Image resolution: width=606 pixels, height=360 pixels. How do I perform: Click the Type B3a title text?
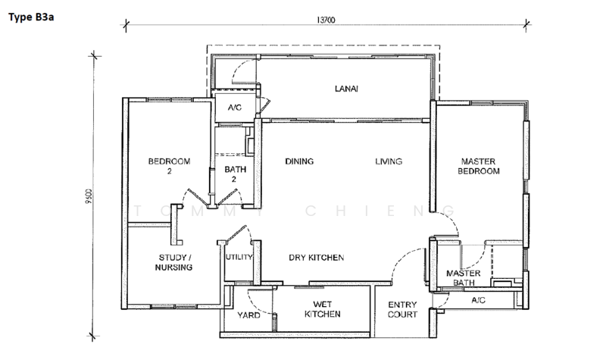click(31, 17)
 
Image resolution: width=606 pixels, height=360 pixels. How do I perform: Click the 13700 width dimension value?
click(326, 20)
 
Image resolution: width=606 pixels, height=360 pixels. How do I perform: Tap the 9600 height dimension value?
click(89, 196)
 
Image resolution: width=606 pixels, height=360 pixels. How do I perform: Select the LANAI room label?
click(346, 89)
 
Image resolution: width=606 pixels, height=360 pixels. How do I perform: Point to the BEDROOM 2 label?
click(169, 166)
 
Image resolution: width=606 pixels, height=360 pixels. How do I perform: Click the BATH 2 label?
click(235, 174)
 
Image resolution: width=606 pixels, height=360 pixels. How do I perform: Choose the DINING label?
click(299, 161)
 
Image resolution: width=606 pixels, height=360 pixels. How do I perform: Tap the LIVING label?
click(389, 161)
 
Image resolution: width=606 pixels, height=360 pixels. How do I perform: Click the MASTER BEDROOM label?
click(479, 166)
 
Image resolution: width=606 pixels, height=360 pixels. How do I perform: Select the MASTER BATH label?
click(464, 277)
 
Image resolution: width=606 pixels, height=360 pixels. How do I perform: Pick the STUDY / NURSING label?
click(173, 262)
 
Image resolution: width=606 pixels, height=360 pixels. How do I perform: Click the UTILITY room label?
click(239, 257)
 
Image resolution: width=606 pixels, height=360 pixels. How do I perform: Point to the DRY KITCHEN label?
click(316, 258)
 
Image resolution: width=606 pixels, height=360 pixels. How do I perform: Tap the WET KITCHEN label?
click(323, 309)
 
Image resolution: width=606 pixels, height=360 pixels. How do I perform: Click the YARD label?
click(248, 315)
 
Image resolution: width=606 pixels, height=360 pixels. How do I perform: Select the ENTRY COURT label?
click(402, 309)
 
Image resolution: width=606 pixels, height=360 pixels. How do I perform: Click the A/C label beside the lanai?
click(235, 108)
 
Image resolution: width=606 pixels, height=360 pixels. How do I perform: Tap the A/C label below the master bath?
click(479, 300)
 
